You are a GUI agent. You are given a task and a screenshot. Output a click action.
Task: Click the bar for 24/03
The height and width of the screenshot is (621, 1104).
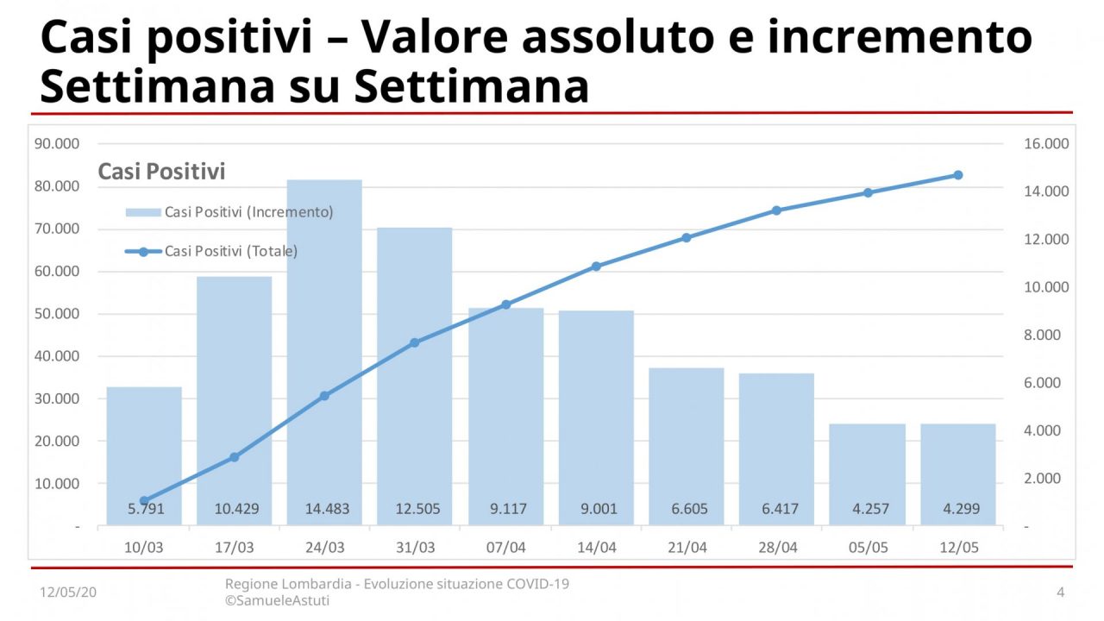point(324,345)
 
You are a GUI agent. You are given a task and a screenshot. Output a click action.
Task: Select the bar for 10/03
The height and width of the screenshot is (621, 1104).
point(144,448)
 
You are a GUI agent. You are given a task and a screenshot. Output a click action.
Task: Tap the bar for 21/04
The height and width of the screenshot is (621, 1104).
point(687,440)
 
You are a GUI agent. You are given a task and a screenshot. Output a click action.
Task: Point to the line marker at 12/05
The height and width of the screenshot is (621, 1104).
point(957,175)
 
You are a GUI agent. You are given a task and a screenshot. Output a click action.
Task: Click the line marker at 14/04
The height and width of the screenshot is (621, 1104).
point(596,267)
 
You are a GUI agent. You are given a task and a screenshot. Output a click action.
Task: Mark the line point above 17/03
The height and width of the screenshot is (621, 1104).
point(234,457)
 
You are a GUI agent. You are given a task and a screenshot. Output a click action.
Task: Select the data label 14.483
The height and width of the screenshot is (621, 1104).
point(327,509)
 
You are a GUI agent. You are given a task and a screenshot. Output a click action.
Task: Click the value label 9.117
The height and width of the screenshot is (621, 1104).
point(506,509)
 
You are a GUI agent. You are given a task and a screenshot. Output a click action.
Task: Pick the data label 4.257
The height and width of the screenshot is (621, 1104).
point(869,509)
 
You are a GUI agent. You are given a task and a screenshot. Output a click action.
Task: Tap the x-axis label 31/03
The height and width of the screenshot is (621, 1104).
point(415,547)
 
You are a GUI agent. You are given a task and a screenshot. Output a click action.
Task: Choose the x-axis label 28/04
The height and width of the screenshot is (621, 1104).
point(777,547)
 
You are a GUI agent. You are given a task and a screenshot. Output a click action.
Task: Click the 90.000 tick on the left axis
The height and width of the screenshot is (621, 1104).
point(57,144)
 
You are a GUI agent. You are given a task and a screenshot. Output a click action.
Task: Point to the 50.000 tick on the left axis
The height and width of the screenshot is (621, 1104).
point(57,314)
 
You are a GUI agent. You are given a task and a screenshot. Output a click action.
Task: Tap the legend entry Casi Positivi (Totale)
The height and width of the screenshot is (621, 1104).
point(230,252)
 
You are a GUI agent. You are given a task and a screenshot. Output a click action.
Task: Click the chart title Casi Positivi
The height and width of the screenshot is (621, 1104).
point(161,172)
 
